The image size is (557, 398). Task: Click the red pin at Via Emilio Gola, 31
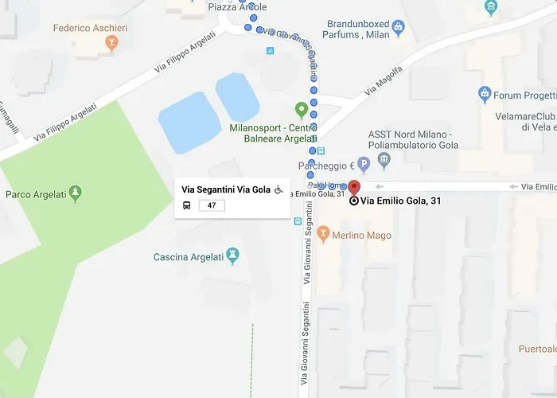point(354,187)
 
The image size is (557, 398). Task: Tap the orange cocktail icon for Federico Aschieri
point(111,42)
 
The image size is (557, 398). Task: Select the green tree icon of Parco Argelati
point(75,193)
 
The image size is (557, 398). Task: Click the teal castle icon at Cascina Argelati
point(233,256)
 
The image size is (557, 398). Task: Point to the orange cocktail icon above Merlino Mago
point(323,233)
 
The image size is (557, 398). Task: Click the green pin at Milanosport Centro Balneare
point(302,109)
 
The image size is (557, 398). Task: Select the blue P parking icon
point(364,165)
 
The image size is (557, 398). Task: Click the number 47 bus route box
point(212,205)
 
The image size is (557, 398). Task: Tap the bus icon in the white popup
point(187,205)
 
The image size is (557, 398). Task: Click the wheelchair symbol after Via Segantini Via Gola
point(279,189)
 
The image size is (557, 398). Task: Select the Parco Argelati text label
point(34,194)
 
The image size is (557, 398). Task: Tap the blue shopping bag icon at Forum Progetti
point(484,96)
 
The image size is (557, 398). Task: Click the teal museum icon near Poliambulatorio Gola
point(384,161)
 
